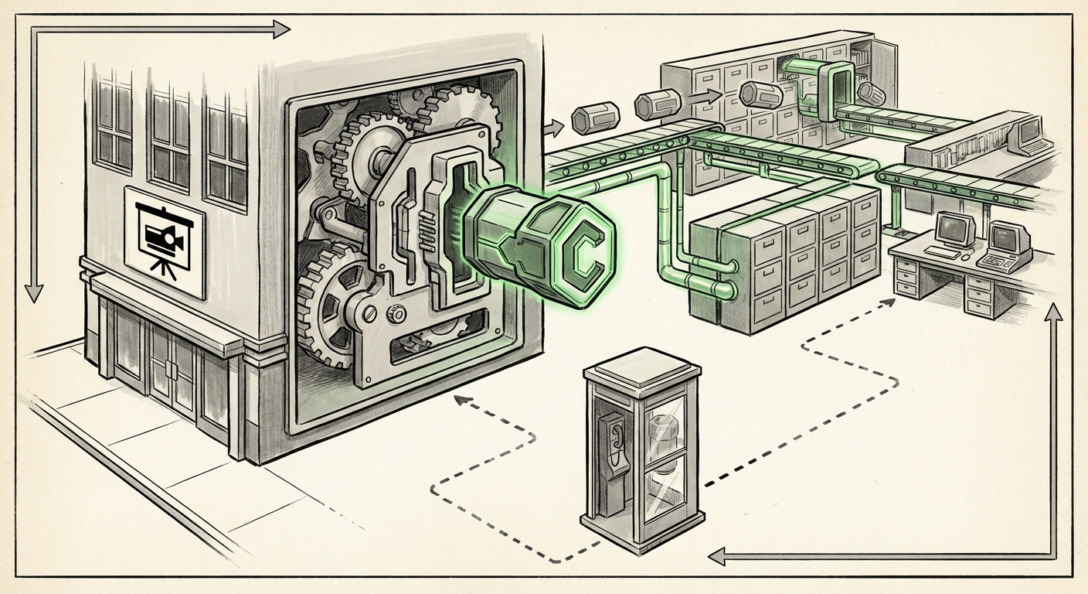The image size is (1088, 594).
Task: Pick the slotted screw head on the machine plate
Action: coord(369,314)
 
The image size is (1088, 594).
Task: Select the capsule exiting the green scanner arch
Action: coord(872,92)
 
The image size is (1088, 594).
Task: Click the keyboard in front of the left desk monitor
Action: coord(941,252)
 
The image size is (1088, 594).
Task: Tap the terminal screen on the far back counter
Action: coord(1028,132)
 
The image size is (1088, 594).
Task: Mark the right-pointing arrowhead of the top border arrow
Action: coord(280,30)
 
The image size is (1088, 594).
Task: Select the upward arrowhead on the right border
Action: coord(1053,313)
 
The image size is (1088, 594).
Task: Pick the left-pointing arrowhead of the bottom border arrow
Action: coord(718,555)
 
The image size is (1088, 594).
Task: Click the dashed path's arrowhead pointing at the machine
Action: coord(462,400)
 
